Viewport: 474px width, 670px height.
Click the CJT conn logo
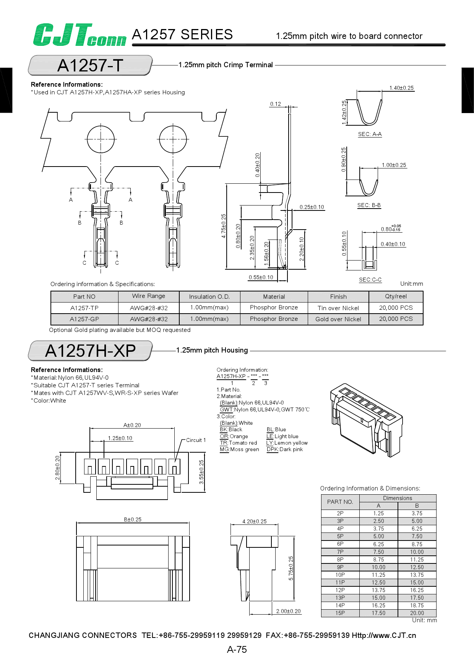[80, 35]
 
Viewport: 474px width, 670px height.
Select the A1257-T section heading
[90, 65]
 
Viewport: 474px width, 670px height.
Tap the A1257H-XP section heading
[90, 351]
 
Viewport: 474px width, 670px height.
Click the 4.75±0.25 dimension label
[224, 226]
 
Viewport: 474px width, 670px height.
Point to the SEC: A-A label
[370, 134]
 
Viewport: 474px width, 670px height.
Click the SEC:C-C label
[370, 280]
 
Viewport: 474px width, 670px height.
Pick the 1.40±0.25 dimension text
[401, 88]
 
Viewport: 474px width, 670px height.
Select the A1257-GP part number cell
[84, 319]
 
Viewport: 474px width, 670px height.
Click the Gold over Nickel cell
[338, 319]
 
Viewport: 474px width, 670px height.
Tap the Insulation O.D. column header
[209, 296]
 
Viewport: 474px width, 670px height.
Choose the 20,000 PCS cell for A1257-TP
[396, 307]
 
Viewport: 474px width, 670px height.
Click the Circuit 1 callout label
[196, 440]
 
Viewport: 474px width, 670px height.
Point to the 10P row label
[340, 575]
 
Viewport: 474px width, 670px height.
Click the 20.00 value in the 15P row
[417, 613]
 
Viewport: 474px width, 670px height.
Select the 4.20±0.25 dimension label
[254, 521]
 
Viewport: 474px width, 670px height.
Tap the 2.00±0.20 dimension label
[288, 611]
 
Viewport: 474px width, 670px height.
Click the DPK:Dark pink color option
[284, 449]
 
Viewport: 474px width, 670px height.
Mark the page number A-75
[237, 649]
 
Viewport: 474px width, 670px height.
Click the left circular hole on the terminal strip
[101, 139]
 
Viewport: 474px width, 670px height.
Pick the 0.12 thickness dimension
[275, 104]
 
